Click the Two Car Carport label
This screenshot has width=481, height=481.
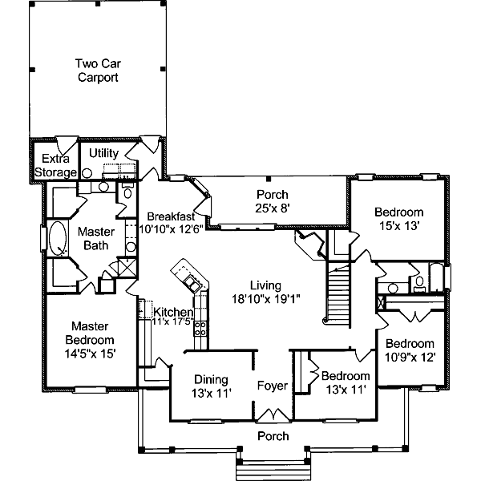coord(98,71)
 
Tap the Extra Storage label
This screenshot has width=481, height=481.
coord(55,165)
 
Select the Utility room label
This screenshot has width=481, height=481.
coord(103,153)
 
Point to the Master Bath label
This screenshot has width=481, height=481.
coord(96,238)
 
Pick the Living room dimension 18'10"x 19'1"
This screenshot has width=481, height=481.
coord(265,299)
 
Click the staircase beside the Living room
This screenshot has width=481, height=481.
coord(338,295)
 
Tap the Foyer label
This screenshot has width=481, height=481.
coord(273,386)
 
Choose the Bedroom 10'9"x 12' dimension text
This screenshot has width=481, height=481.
coord(410,357)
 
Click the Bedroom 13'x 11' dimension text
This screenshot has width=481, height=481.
coord(345,390)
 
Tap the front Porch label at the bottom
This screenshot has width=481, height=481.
coord(273,436)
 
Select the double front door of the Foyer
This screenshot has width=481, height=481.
coord(273,414)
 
